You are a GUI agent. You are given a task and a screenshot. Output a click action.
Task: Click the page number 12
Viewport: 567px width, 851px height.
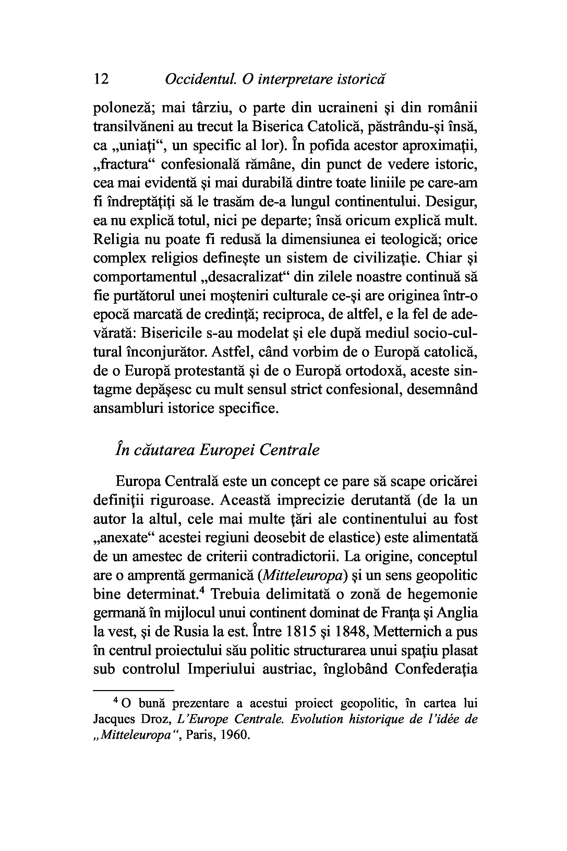coord(101,79)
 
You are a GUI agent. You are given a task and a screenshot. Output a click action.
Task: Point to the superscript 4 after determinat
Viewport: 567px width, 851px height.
coord(202,591)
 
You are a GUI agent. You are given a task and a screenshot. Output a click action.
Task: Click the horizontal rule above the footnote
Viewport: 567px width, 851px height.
coord(134,691)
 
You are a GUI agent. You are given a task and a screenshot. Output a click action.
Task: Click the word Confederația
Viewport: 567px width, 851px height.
coord(436,669)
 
